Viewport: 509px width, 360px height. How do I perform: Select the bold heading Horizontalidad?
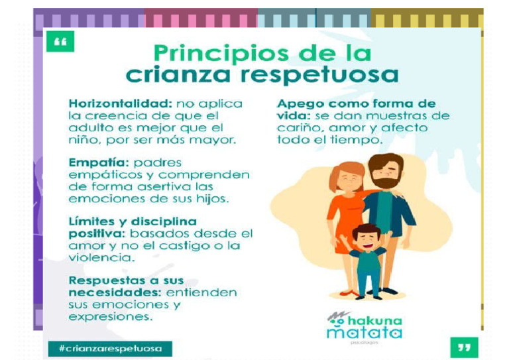point(117,104)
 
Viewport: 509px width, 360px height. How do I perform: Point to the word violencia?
point(95,257)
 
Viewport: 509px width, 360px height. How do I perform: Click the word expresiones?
point(108,317)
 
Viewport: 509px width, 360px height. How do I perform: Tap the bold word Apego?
point(299,104)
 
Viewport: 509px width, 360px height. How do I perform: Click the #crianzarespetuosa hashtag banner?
point(110,348)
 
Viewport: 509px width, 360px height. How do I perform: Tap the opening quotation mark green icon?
point(60,42)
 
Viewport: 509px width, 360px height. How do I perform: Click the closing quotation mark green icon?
point(463,347)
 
